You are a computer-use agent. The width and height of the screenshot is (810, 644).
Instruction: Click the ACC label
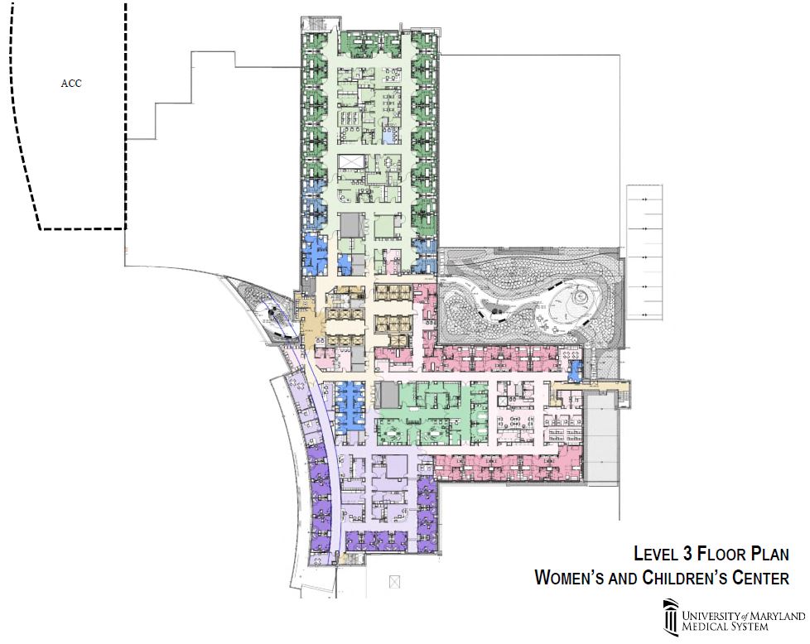pos(71,83)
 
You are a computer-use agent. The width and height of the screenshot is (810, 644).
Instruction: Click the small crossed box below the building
pos(395,582)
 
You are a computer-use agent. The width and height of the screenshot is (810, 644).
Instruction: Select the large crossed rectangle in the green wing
pos(352,161)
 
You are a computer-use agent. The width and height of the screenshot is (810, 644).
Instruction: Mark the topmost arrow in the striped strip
pos(644,199)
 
